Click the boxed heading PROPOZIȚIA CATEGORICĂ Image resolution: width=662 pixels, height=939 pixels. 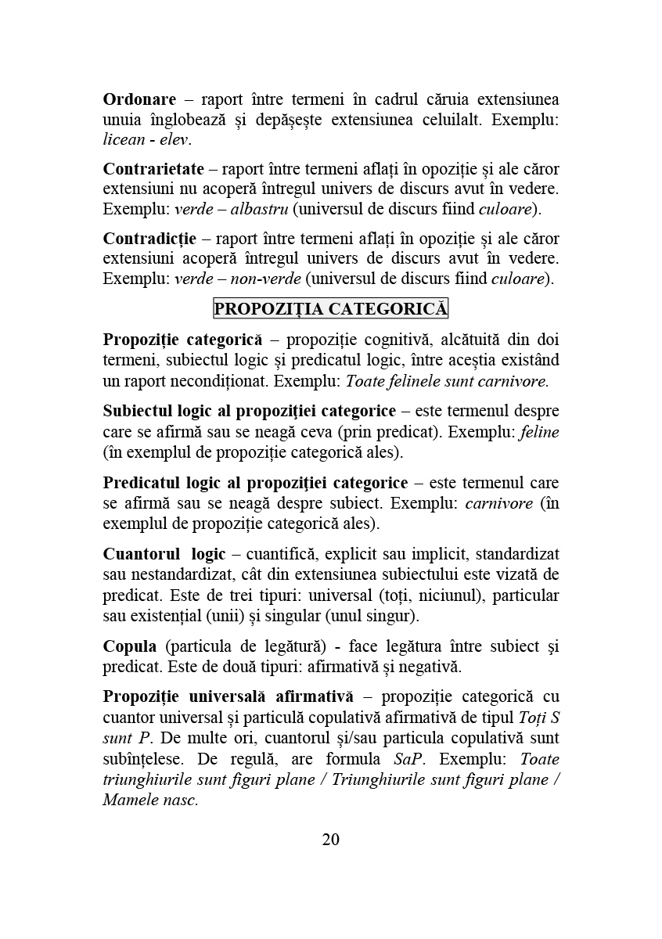[x=330, y=309]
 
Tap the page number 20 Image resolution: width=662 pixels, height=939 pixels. [x=330, y=840]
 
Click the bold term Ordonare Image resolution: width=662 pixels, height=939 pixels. [x=139, y=100]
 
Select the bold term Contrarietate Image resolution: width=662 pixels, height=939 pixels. [x=153, y=169]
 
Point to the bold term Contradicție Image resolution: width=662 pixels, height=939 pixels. [x=149, y=238]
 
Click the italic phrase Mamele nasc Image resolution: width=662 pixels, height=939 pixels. [x=150, y=800]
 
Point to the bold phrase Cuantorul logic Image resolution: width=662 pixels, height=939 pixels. [x=164, y=555]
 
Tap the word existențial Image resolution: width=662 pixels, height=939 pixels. [x=166, y=616]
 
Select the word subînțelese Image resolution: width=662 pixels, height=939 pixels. [x=142, y=759]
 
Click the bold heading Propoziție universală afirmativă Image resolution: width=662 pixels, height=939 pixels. [x=228, y=696]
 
